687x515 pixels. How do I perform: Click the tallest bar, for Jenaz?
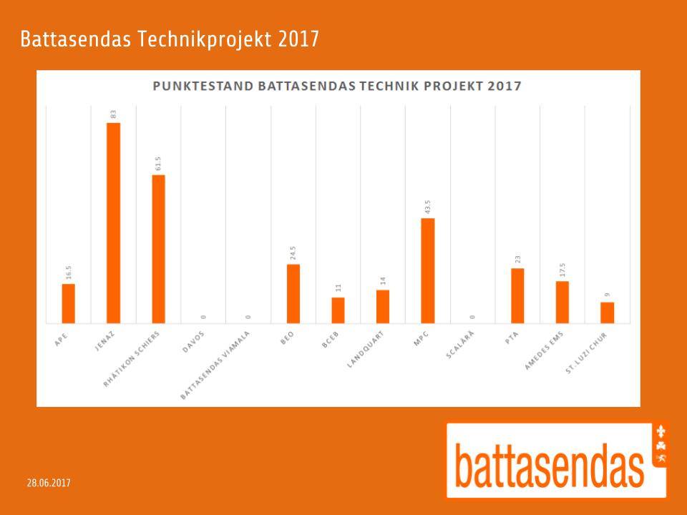click(x=113, y=222)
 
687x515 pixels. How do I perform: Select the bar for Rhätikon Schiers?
click(x=158, y=249)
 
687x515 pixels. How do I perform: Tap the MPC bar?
click(x=428, y=270)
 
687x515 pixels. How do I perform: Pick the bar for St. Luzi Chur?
click(x=607, y=313)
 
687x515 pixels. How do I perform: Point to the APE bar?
click(x=68, y=303)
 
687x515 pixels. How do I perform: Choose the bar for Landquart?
click(x=383, y=306)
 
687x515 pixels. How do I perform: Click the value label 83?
click(x=113, y=114)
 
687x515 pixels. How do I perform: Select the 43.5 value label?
click(x=428, y=207)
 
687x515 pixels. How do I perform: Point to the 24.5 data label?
click(x=293, y=253)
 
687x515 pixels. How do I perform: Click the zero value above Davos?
click(x=203, y=316)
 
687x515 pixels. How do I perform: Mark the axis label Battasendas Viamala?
click(x=215, y=364)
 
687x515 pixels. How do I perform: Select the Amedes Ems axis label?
click(x=544, y=350)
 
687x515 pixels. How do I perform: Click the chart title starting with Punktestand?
click(x=337, y=87)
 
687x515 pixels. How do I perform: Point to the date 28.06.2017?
click(x=49, y=483)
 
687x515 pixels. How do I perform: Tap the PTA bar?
click(x=517, y=295)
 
